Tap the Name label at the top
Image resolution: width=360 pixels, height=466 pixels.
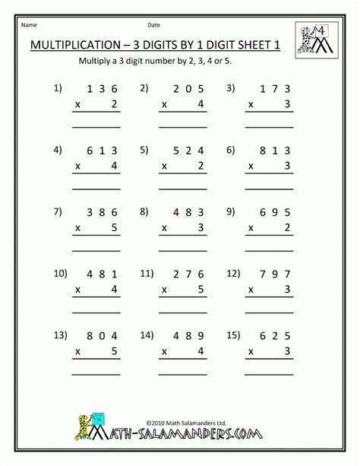click(x=29, y=24)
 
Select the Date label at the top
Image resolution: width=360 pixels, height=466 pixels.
click(x=154, y=24)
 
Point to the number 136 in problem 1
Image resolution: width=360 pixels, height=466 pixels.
click(x=101, y=89)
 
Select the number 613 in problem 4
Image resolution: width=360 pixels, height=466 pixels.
click(x=101, y=151)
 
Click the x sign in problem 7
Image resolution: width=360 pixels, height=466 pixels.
click(x=77, y=226)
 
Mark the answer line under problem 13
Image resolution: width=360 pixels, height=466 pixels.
click(x=96, y=372)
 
